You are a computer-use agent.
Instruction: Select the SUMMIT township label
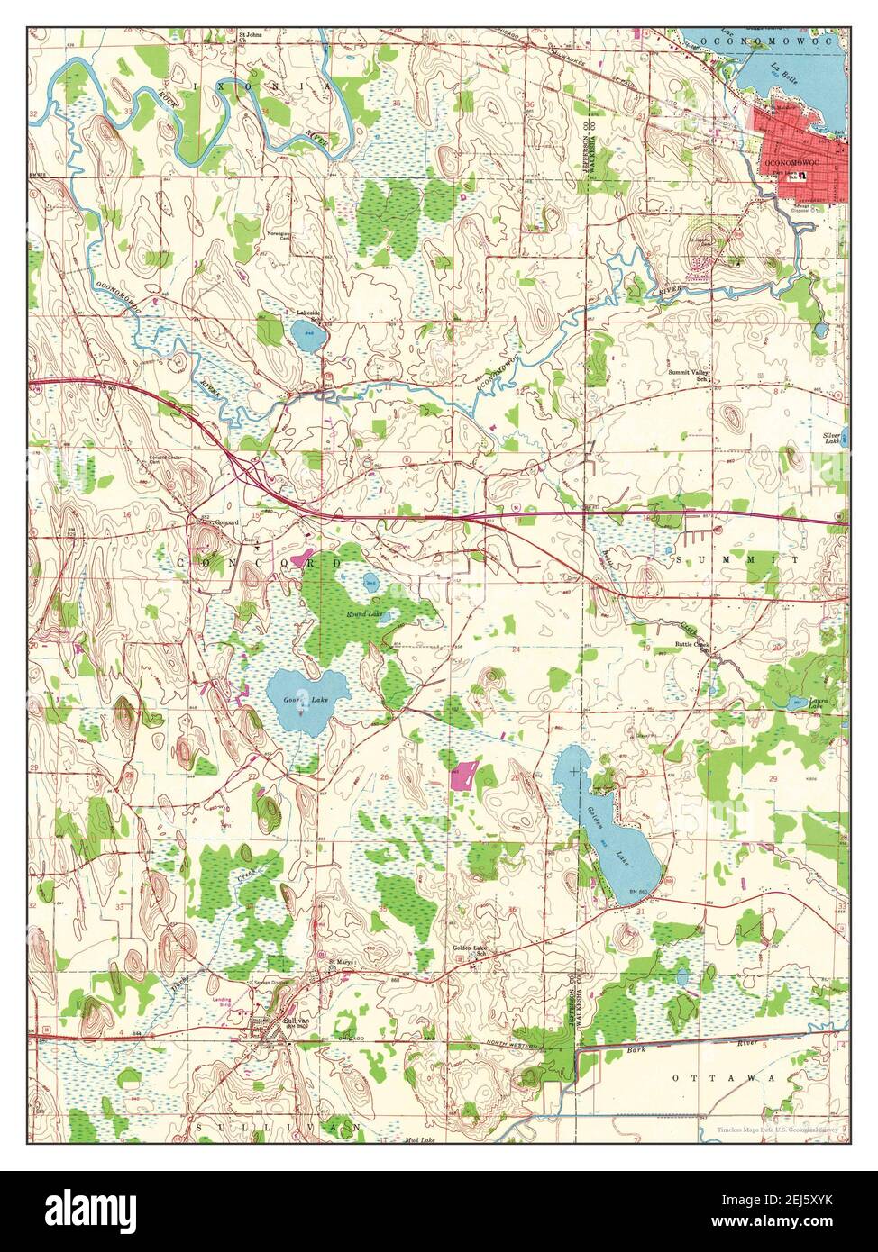(736, 560)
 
